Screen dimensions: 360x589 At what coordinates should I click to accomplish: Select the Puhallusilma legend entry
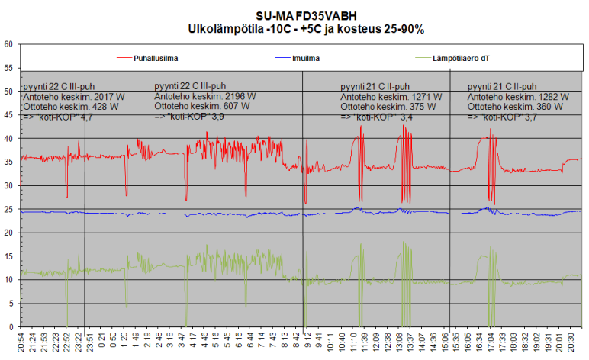[x=160, y=57]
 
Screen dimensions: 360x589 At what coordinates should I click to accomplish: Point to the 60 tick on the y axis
[x=8, y=44]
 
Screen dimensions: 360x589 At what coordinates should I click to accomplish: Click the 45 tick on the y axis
[x=8, y=115]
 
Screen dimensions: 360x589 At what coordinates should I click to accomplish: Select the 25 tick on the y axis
[x=8, y=209]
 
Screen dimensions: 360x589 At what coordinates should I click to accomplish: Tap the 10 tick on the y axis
[x=8, y=280]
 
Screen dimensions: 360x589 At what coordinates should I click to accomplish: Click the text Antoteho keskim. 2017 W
[x=74, y=97]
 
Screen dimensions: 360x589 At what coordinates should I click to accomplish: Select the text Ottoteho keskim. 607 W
[x=201, y=107]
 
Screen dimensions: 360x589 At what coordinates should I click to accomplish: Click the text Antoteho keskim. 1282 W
[x=518, y=97]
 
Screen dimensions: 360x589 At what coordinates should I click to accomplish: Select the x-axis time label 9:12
[x=307, y=342]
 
